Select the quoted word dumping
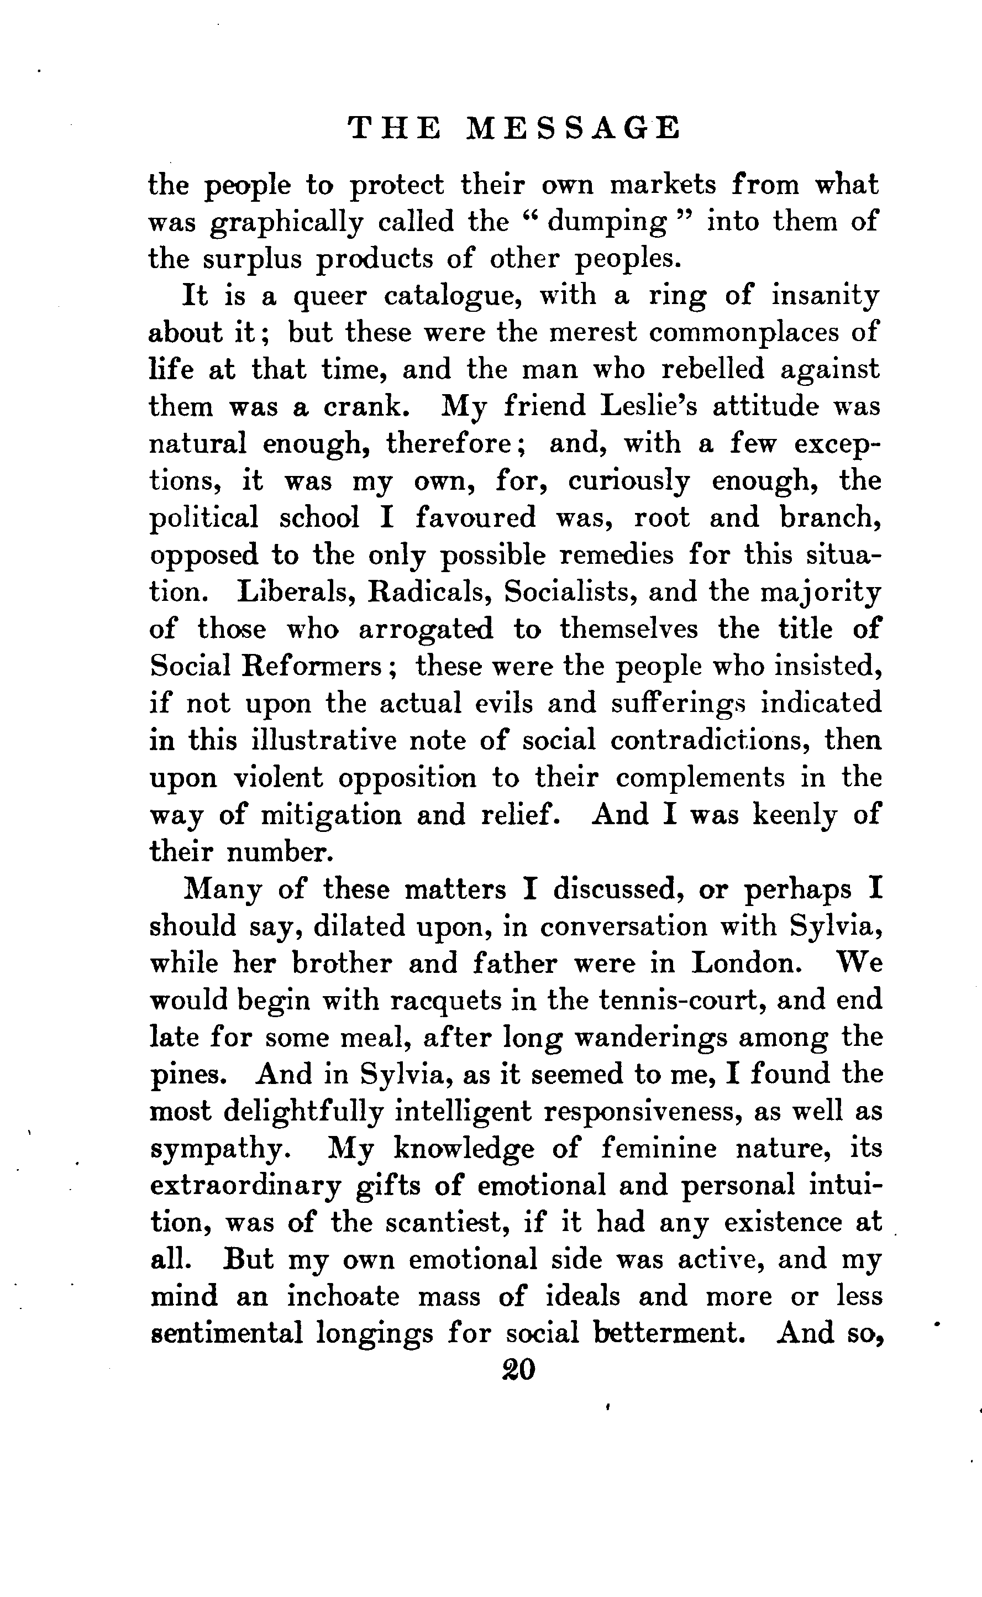607,223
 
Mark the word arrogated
426,629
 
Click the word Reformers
319,666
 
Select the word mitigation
330,815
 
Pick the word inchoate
343,1297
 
